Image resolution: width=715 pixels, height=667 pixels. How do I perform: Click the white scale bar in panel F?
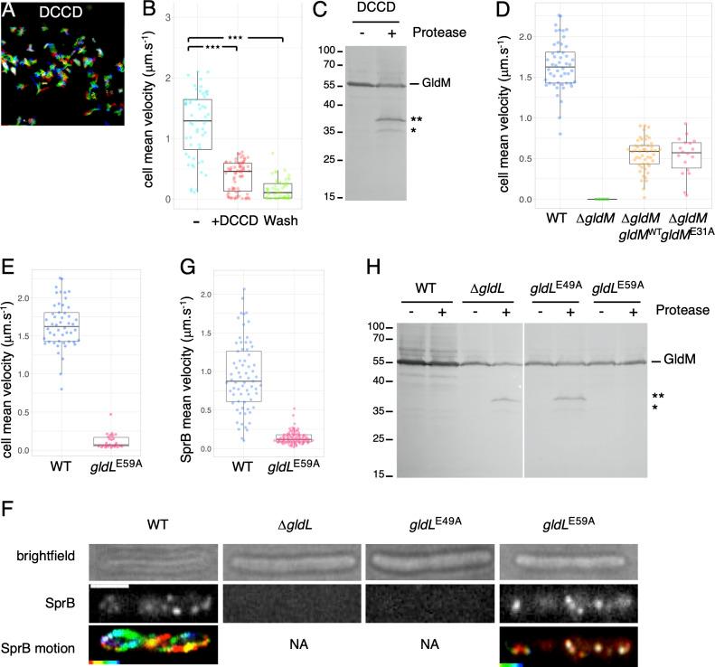(x=110, y=587)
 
